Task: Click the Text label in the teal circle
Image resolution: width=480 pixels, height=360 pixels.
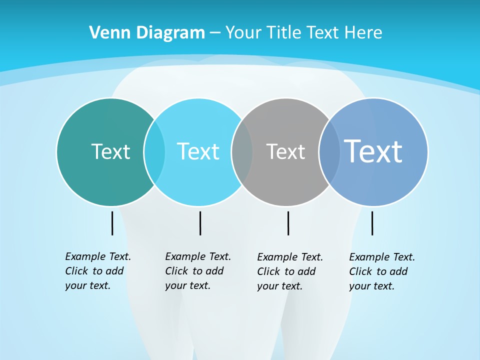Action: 110,151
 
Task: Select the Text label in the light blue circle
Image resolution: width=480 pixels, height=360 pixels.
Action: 198,151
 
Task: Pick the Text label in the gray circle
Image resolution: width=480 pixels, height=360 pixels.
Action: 285,151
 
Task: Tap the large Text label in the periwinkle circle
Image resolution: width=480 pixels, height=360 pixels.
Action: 373,151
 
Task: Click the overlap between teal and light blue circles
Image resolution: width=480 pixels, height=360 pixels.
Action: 154,151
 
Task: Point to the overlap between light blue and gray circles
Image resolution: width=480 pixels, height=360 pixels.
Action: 242,151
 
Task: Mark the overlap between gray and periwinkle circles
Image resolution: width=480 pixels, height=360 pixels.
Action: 329,151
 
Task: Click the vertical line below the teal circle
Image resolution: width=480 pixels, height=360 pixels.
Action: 112,223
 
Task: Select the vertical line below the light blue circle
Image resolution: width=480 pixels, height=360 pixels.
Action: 200,223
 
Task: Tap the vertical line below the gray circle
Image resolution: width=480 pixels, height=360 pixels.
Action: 288,223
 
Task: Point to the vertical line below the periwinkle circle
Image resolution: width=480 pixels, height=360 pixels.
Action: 372,223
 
